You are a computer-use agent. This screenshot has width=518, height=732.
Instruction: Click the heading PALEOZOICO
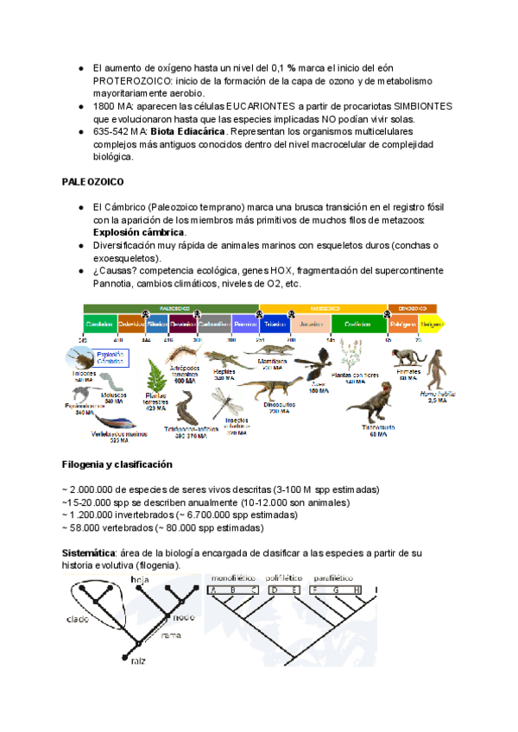pos(93,183)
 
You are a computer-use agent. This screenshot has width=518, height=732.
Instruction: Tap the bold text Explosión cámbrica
pos(138,233)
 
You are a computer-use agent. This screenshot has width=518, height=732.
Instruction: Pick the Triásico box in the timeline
pos(275,324)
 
